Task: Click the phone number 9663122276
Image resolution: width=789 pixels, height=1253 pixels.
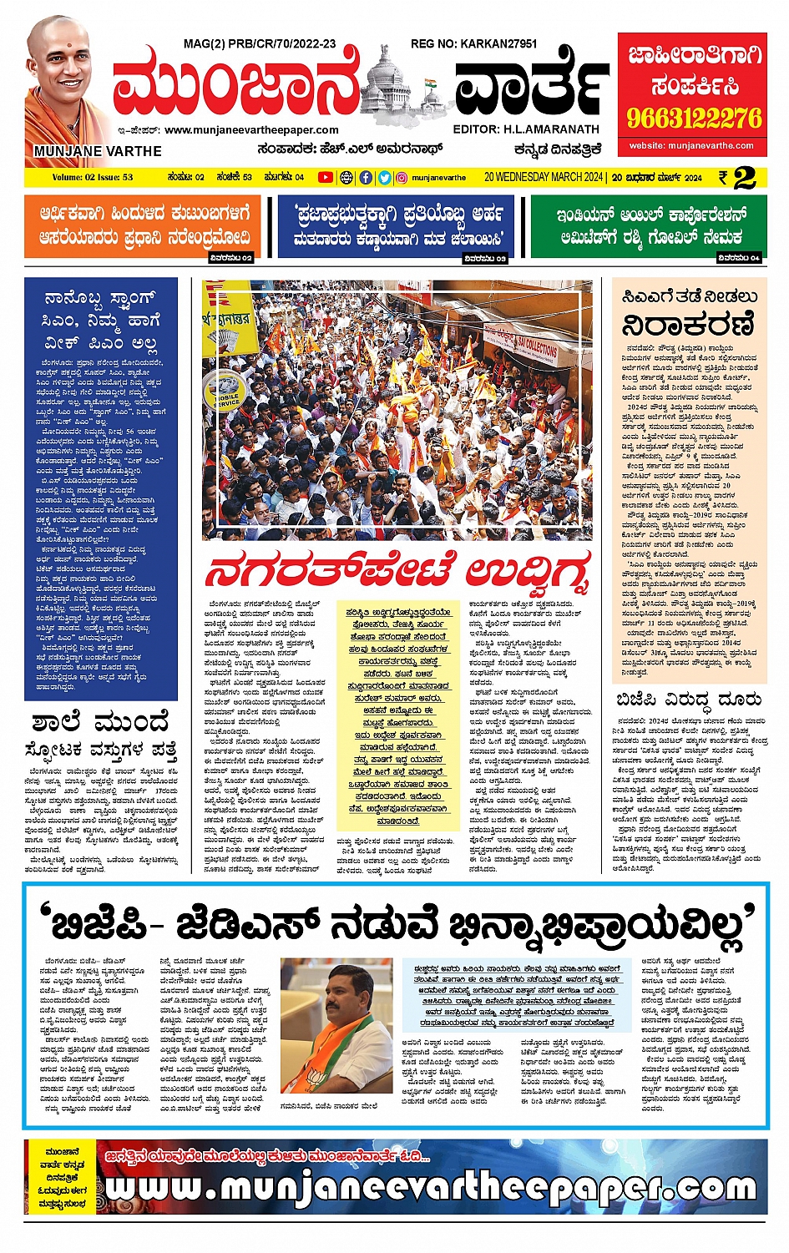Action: pos(695,118)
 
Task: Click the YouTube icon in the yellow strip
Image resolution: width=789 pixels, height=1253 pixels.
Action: pos(325,177)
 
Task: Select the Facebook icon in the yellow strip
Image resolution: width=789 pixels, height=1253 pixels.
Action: pos(366,177)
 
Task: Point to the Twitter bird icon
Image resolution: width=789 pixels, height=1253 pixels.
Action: pos(384,177)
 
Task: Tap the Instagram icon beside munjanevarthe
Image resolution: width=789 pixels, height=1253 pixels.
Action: pos(402,177)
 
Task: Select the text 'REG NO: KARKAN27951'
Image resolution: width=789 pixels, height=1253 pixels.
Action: pos(473,43)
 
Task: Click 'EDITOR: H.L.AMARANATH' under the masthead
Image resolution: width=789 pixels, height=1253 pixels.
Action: pos(526,129)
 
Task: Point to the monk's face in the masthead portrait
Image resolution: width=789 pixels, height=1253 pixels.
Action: pos(63,63)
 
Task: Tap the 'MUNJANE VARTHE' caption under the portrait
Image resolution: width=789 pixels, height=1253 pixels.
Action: pos(98,151)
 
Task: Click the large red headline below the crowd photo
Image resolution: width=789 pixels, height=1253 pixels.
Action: pos(397,571)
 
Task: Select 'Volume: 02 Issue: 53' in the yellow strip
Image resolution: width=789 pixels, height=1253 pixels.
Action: pos(92,177)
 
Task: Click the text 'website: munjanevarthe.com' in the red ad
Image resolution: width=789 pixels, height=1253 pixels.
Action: pos(691,145)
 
